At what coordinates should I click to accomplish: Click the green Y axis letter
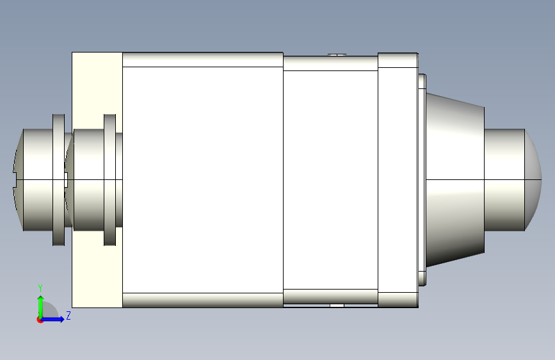(x=40, y=288)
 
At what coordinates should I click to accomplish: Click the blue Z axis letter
(x=68, y=315)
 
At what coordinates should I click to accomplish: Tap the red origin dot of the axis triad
(x=40, y=320)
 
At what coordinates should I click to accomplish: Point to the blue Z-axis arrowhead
(x=61, y=319)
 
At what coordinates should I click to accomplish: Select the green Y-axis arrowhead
(x=41, y=299)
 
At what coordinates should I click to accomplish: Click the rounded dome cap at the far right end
(x=533, y=179)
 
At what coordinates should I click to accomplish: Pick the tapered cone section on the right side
(x=455, y=179)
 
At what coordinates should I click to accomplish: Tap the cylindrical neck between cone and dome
(x=504, y=179)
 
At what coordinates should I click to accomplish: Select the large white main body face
(x=203, y=179)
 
